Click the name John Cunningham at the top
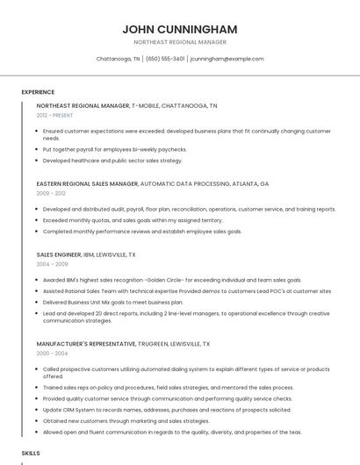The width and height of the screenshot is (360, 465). (x=179, y=29)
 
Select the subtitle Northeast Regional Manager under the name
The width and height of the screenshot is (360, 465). (x=179, y=42)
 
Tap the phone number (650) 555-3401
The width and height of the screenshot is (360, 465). (x=165, y=59)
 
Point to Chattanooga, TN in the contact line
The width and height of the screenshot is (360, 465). (x=118, y=59)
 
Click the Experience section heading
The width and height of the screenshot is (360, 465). (x=38, y=92)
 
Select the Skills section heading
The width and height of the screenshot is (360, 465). (x=31, y=453)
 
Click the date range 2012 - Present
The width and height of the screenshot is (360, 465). (x=54, y=115)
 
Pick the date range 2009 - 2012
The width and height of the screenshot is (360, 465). (x=51, y=193)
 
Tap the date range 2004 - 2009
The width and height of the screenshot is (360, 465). (x=52, y=263)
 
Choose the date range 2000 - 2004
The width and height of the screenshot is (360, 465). (x=52, y=353)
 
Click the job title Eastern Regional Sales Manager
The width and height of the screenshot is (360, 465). (x=87, y=184)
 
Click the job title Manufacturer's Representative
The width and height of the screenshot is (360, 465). (x=86, y=344)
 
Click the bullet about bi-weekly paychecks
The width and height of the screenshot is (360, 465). (x=114, y=149)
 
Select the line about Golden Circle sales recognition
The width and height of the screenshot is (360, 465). (x=160, y=280)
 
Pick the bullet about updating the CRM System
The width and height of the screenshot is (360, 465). (x=167, y=409)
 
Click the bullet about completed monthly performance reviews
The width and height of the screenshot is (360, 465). (x=141, y=232)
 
